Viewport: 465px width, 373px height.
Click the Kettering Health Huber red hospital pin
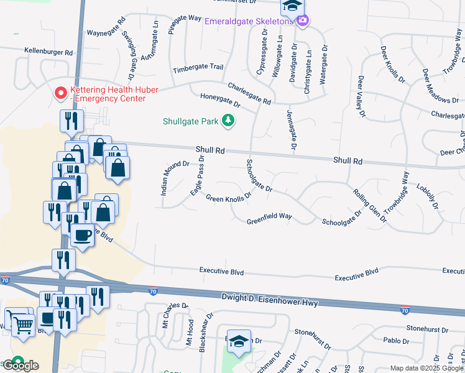(61, 93)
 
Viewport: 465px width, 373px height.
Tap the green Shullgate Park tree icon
(229, 121)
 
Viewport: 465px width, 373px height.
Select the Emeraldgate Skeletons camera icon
(303, 21)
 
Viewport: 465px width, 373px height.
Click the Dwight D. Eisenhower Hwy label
(270, 300)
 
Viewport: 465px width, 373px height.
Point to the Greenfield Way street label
(269, 219)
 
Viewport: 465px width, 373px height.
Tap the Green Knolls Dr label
(228, 198)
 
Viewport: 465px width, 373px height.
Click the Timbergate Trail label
(198, 68)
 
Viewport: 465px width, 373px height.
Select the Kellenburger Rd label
(48, 51)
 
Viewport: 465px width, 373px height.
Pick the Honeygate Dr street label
(219, 99)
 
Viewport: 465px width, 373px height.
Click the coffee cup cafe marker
(81, 235)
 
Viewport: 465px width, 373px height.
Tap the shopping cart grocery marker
(23, 323)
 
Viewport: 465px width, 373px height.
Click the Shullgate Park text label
(191, 121)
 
